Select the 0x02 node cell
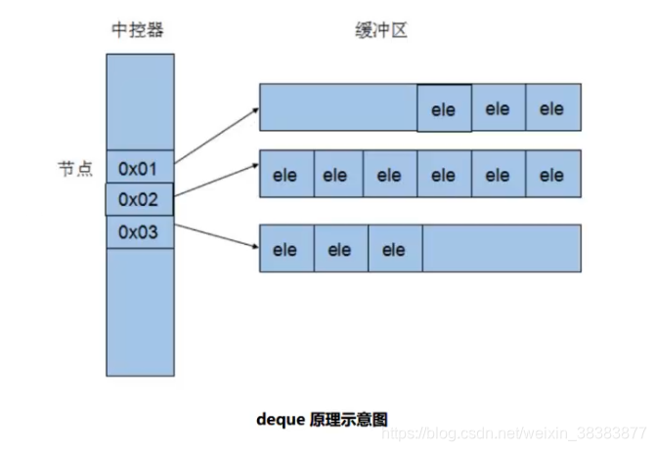click(139, 199)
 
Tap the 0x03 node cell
click(139, 232)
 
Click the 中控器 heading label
click(139, 29)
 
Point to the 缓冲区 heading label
click(378, 29)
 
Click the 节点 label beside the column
click(73, 168)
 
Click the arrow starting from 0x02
click(216, 181)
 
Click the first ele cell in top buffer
click(444, 108)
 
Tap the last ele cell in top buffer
click(552, 108)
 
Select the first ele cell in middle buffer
click(285, 176)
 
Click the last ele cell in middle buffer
click(552, 176)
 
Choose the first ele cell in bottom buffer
click(285, 249)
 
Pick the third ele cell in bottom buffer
click(394, 249)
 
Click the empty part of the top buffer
click(338, 108)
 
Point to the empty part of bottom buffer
click(501, 249)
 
